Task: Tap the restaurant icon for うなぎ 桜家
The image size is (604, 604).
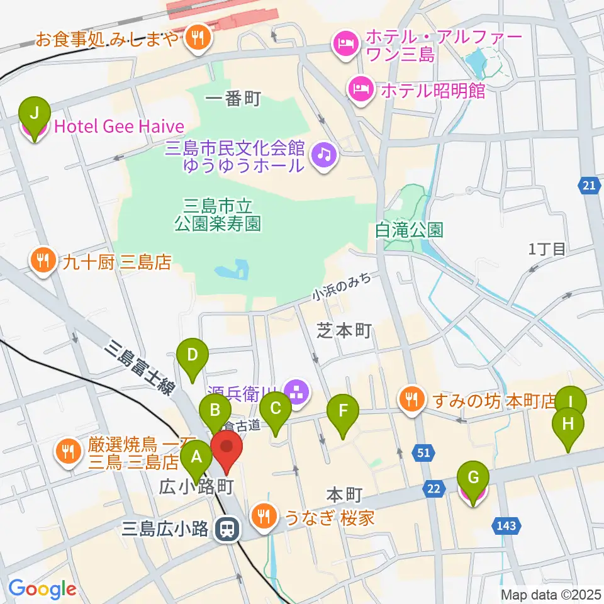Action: [x=261, y=516]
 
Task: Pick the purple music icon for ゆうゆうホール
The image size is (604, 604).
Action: [x=325, y=152]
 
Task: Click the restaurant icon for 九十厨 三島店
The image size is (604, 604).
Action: [x=42, y=260]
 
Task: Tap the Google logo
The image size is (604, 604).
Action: [x=43, y=588]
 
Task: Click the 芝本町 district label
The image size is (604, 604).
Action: [x=345, y=330]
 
